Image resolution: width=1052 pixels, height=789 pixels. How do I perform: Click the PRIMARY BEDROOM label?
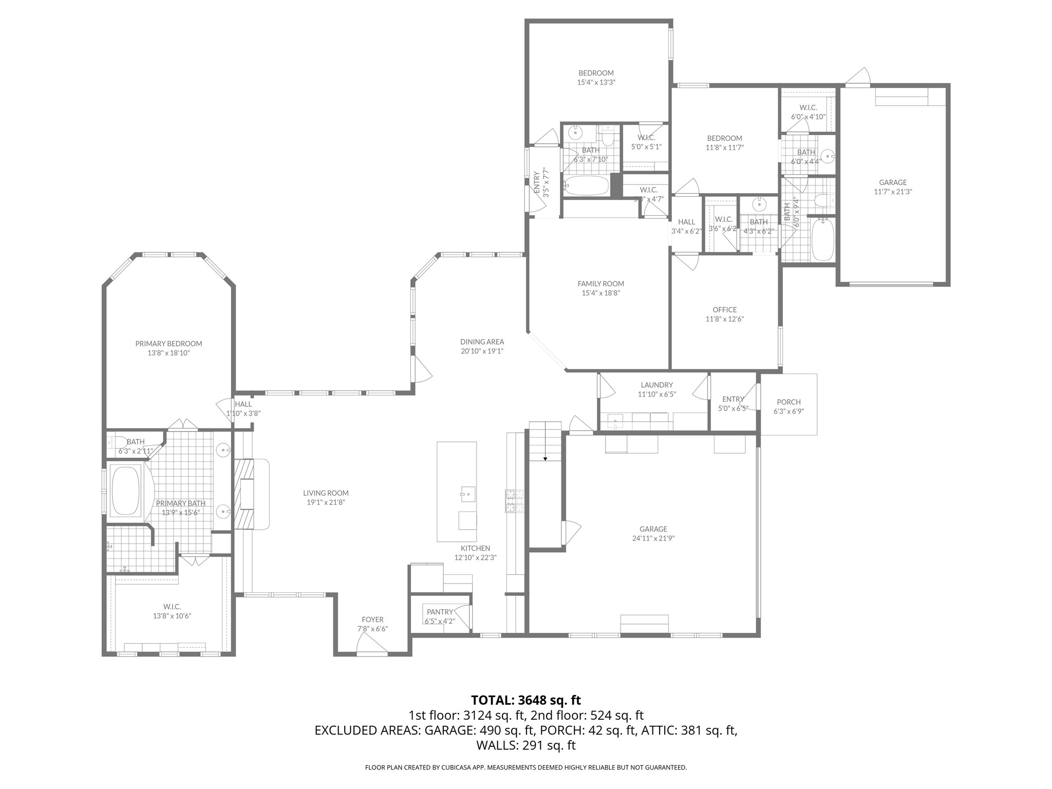coord(168,344)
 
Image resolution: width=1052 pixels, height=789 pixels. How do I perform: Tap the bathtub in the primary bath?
coord(126,490)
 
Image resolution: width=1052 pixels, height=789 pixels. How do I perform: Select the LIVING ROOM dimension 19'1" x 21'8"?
coord(326,502)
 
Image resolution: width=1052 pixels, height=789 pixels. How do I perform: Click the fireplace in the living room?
coord(252,494)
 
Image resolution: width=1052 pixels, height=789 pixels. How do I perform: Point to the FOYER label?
coord(372,619)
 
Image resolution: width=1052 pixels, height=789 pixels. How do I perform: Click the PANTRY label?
coord(440,612)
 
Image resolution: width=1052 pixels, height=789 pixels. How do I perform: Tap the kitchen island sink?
coord(467,494)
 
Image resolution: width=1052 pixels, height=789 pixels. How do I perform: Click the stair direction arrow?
coord(545,458)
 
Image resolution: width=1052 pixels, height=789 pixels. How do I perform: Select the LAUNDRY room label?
coord(656,385)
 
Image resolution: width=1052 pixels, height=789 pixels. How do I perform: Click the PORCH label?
coord(788,402)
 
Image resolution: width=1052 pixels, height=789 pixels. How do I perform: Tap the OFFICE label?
coord(724,310)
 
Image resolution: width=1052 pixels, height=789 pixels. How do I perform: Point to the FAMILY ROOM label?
coord(600,284)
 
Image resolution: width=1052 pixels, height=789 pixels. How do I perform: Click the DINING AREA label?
coord(482,342)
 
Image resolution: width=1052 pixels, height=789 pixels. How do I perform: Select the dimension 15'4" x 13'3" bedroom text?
coord(596,82)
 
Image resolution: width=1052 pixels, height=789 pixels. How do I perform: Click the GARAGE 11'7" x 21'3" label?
coord(893,182)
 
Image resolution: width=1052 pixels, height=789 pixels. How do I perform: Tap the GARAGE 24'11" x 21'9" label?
coord(653,529)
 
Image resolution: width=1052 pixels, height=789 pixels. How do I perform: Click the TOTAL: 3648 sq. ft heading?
coord(525,700)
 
